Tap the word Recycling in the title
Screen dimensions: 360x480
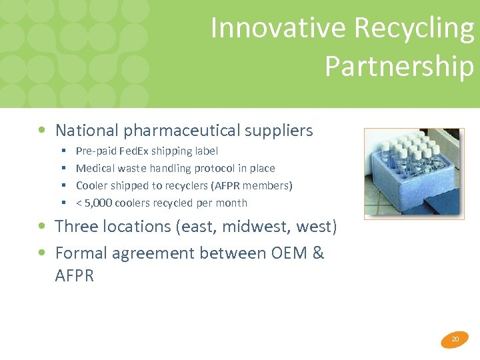click(414, 28)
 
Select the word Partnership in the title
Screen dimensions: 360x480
click(399, 66)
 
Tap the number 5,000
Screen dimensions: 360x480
click(101, 203)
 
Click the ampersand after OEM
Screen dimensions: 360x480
click(318, 253)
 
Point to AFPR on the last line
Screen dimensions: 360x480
click(74, 276)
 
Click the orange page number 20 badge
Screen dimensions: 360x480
click(455, 339)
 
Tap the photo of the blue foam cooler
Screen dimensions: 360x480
click(414, 173)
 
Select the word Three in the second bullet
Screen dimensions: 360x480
click(77, 227)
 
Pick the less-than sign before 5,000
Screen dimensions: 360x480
click(79, 203)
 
